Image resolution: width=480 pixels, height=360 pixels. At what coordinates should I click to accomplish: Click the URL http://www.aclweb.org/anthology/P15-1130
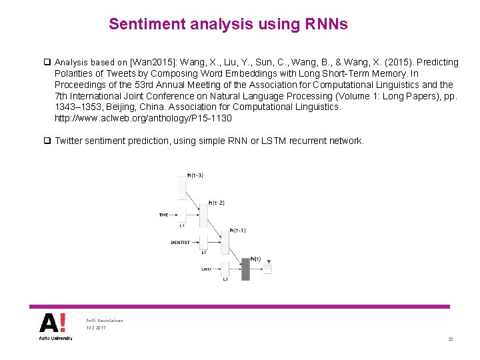tap(143, 118)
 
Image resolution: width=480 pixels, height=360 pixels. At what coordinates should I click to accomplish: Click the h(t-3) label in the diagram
tap(195, 175)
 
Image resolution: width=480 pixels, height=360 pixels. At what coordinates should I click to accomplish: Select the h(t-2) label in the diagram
tap(216, 203)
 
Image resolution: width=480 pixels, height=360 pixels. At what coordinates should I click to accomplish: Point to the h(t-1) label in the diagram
tap(237, 230)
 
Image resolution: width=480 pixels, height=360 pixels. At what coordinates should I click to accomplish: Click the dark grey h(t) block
tap(245, 269)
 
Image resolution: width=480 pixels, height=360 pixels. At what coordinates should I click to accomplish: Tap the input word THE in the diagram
tap(164, 215)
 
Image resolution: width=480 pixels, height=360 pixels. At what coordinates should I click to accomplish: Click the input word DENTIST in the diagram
tap(181, 242)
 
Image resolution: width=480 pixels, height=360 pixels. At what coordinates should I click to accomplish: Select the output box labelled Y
tap(267, 269)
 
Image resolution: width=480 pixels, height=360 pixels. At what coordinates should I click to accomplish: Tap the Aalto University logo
tap(53, 327)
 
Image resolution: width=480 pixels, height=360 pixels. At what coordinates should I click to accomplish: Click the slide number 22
tap(451, 339)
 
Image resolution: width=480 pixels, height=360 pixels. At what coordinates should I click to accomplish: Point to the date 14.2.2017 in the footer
tap(96, 328)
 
